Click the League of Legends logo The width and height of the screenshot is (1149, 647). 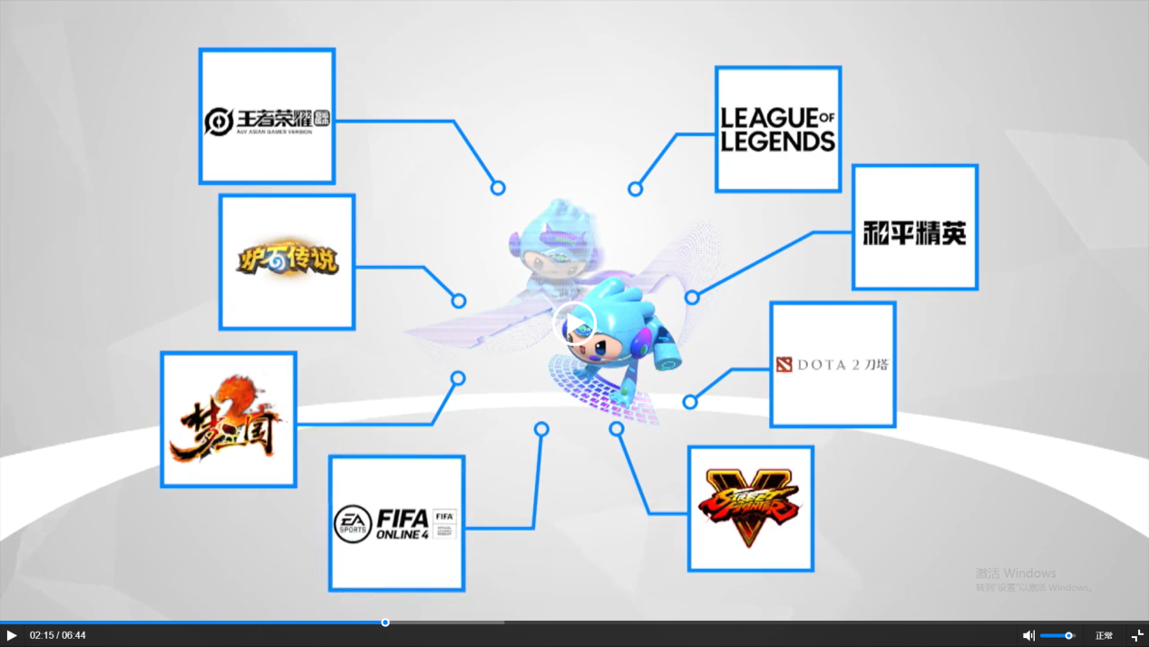coord(777,129)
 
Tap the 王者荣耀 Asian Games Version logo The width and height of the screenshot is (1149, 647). coord(267,121)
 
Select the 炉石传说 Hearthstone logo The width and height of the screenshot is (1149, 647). coord(287,260)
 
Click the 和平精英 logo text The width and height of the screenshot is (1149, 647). coord(914,232)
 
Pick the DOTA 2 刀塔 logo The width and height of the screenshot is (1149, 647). coord(833,365)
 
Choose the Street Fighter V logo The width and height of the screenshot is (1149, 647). coord(749,508)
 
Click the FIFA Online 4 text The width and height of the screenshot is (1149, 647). coord(403,524)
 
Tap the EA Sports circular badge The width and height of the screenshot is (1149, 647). coord(353,524)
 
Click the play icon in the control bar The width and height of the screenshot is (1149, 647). coord(12,635)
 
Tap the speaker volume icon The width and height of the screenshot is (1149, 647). coord(1028,635)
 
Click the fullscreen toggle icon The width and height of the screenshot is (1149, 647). coord(1137,635)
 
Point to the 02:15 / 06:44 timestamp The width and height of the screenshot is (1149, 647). coord(57,635)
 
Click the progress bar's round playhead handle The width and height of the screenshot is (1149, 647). coord(385,622)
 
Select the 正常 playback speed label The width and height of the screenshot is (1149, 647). coord(1104,635)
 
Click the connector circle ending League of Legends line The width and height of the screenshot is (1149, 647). coord(635,189)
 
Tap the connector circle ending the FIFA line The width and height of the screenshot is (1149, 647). coord(541,429)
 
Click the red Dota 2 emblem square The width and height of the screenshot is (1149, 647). coord(784,365)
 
